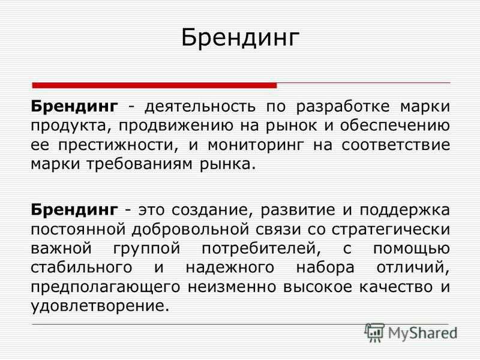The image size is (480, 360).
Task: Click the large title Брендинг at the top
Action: [x=240, y=38]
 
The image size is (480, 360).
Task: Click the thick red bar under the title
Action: [x=155, y=85]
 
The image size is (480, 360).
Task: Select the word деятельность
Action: [x=200, y=107]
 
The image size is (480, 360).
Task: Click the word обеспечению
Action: [x=395, y=126]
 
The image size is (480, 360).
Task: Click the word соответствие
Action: [x=396, y=145]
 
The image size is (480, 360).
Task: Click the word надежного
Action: [x=230, y=268]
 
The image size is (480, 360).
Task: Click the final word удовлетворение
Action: [x=100, y=307]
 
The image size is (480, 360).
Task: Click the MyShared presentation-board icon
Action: [x=374, y=333]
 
